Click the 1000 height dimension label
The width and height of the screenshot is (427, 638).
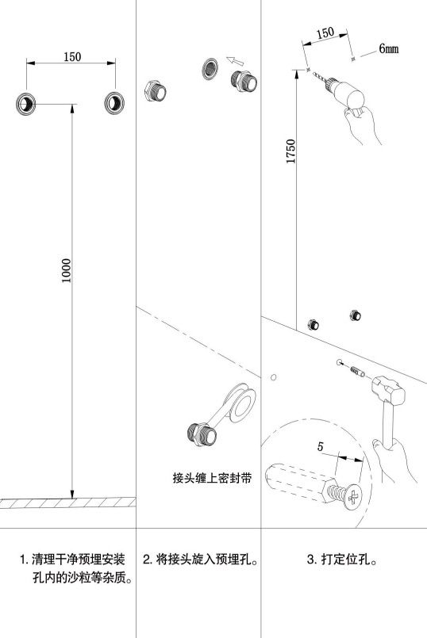[x=67, y=270]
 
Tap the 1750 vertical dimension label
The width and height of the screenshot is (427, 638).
[x=291, y=151]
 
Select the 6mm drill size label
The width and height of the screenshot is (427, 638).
[x=389, y=48]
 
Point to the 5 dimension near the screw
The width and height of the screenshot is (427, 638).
[x=321, y=446]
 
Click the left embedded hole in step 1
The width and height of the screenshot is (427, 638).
[x=25, y=103]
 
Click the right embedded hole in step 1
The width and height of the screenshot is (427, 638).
[x=114, y=102]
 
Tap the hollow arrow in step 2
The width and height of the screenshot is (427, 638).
[x=235, y=61]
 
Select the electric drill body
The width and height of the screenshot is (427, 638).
[x=345, y=92]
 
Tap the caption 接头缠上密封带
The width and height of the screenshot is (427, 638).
[x=212, y=478]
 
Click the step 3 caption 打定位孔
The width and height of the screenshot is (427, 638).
[x=341, y=559]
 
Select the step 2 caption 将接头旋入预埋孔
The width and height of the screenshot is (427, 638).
[x=201, y=559]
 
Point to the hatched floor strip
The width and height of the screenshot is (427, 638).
[x=67, y=503]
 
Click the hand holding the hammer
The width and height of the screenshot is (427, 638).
[x=394, y=460]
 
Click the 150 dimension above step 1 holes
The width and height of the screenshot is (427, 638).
[x=72, y=56]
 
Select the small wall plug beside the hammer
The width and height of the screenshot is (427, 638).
[x=357, y=372]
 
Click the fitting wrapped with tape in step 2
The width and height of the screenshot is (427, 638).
[x=202, y=434]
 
